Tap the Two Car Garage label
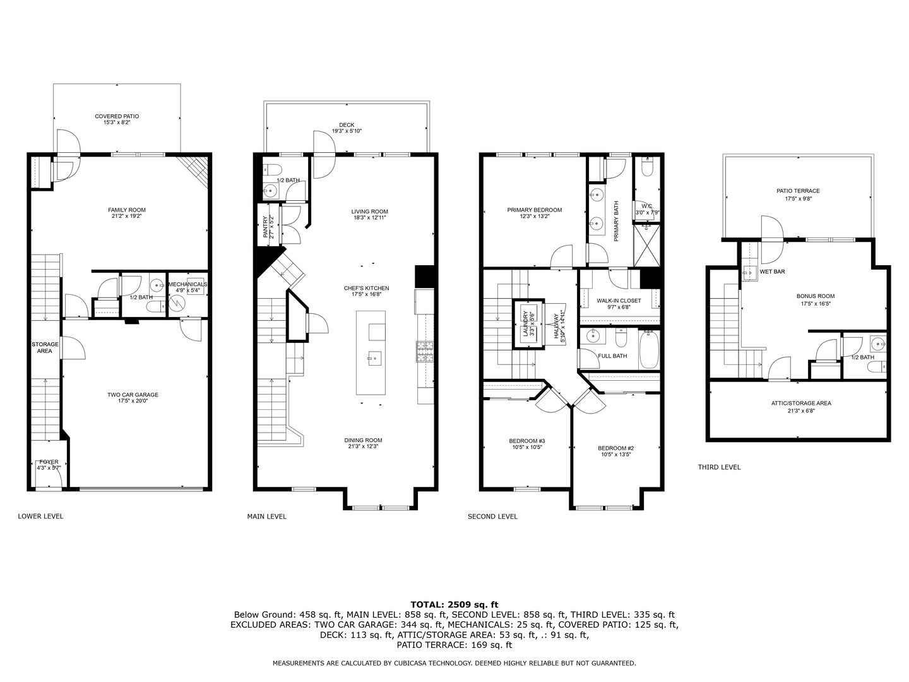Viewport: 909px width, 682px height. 133,395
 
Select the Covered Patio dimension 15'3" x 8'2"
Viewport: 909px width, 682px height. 117,123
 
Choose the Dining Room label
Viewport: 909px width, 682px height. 363,440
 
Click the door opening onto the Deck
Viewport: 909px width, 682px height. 324,144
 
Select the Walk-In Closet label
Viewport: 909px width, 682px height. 619,301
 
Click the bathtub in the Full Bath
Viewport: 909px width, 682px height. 649,351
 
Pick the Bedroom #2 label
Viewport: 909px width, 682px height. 615,448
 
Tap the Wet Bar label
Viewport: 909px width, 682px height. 772,272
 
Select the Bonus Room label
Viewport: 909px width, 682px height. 815,296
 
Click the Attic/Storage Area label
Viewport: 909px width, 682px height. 800,403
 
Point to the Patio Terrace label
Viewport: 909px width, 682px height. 798,191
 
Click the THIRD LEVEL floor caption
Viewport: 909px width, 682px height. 719,467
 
